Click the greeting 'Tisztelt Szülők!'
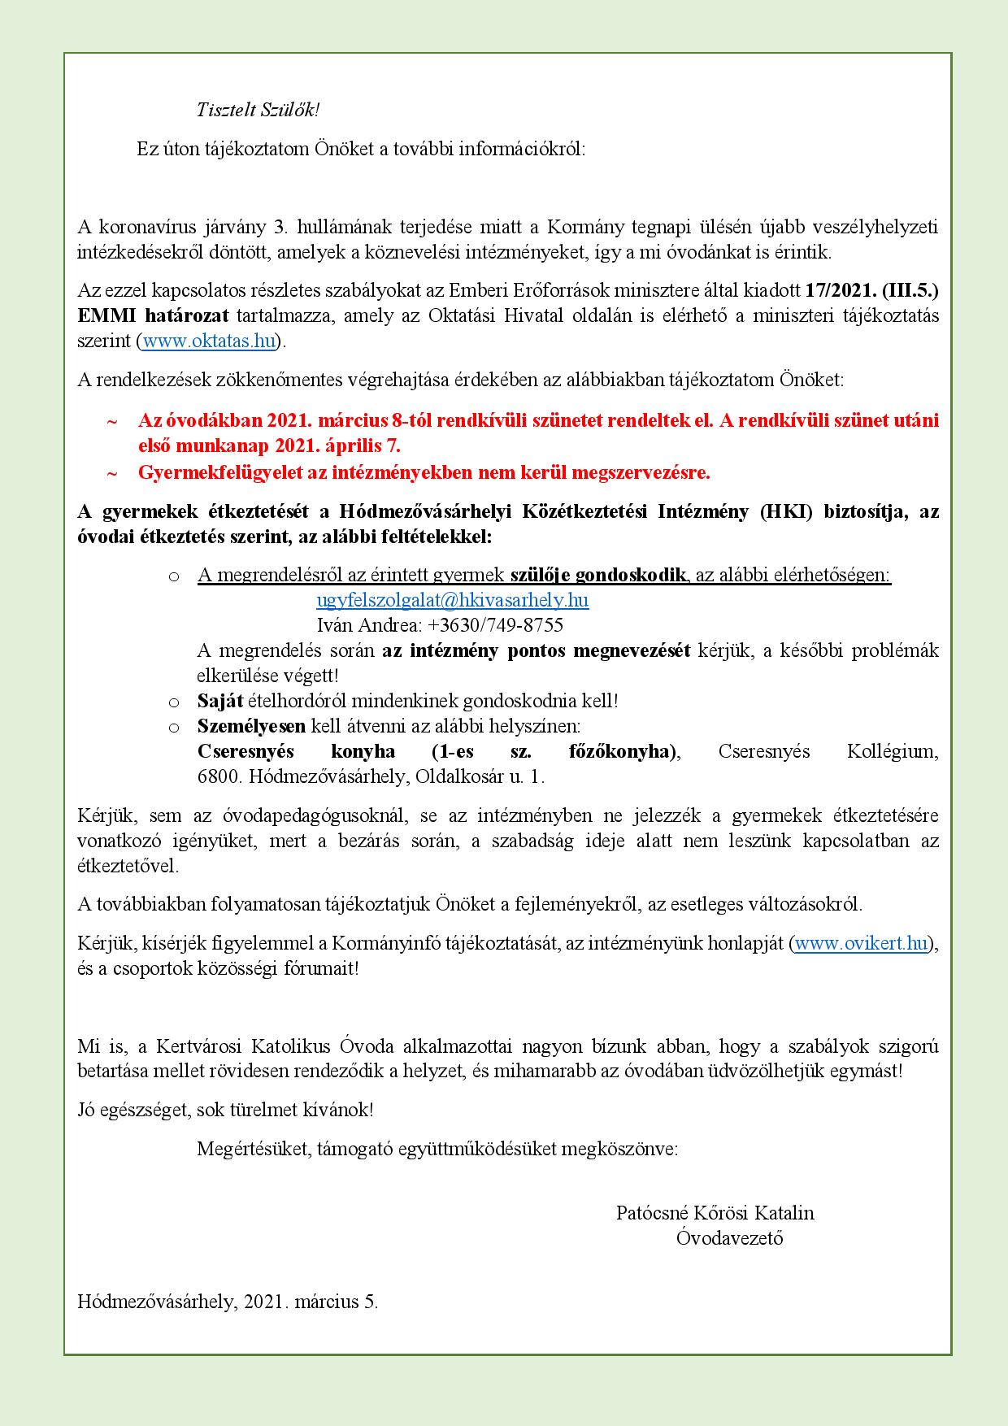pos(259,111)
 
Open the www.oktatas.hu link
pos(209,341)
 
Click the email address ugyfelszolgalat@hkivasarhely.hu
pos(452,600)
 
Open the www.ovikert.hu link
pos(861,943)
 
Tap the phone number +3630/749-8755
pos(495,625)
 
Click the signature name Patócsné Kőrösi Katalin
pos(715,1213)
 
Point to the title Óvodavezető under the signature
pos(729,1238)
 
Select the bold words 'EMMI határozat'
pos(153,316)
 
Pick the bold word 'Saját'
pos(220,700)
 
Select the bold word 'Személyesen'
pos(251,725)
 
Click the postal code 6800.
pos(219,776)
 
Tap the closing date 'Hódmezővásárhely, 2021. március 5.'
pos(228,1302)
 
